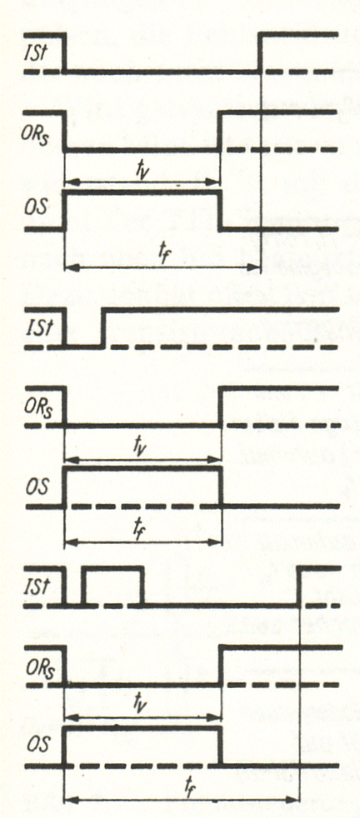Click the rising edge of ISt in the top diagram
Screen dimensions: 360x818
[260, 52]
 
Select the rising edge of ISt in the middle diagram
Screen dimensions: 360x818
[102, 328]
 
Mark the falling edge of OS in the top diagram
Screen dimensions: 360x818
[220, 211]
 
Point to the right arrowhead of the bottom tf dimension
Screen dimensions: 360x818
[294, 799]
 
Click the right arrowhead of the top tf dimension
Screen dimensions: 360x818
[254, 268]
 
